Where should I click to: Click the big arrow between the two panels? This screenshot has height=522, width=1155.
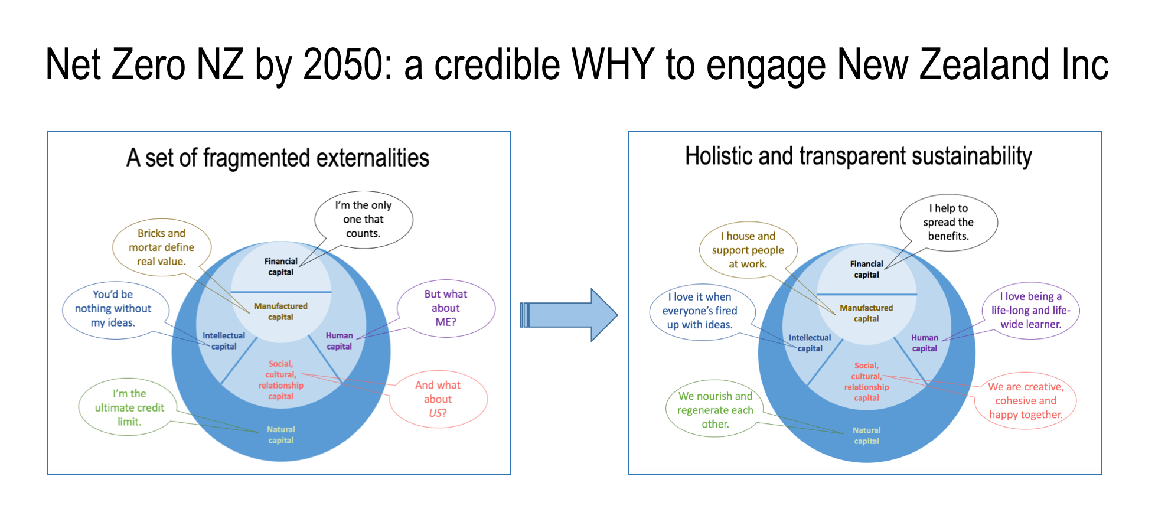tap(569, 315)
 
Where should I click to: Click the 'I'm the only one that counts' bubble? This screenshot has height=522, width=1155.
tap(364, 220)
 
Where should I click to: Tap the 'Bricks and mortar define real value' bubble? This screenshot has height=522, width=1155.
tap(162, 247)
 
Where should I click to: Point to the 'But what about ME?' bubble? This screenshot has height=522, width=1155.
tap(446, 308)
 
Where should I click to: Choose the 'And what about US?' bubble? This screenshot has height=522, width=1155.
tap(438, 399)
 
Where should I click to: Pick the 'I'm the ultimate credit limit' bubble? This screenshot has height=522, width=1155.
tap(129, 407)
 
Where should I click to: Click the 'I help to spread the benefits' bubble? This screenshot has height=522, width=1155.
tap(948, 223)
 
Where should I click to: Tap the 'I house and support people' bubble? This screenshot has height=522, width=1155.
tap(748, 250)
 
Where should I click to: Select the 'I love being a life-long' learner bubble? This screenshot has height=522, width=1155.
tap(1031, 311)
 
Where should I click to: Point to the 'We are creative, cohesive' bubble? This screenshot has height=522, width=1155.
tap(1026, 401)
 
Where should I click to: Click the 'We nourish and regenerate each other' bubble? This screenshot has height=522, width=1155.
tap(715, 410)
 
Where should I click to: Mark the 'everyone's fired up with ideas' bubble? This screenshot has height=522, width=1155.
tap(701, 311)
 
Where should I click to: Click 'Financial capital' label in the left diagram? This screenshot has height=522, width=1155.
tap(281, 267)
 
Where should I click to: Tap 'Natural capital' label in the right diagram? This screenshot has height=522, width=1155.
tap(867, 436)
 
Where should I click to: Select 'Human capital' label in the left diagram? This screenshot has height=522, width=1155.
tap(340, 341)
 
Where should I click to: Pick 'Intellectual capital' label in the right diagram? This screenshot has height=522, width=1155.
tap(810, 343)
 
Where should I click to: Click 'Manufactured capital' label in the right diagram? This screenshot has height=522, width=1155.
tap(867, 314)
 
